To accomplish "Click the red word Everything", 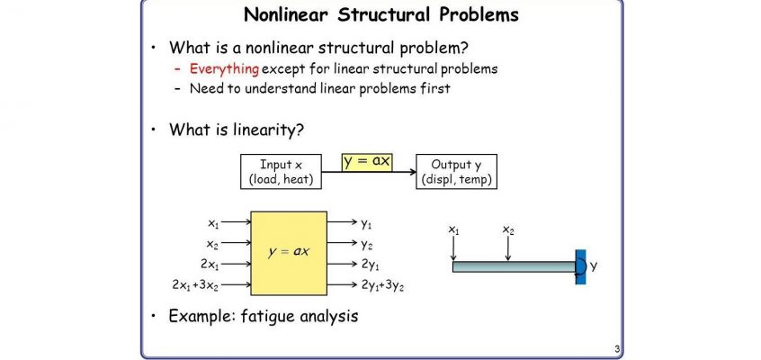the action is coord(224,69).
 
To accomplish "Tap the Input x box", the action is coord(281,172).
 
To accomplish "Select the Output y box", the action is coord(456,172).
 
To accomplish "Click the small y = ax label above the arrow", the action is coord(367,161).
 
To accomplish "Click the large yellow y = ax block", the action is coord(289,253).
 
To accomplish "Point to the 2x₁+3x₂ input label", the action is coord(195,285).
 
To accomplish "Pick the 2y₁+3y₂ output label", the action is coord(383,285).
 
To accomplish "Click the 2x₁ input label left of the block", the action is coord(210,265).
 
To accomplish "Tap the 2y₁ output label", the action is coord(371,265).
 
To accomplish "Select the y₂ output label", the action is coord(366,245).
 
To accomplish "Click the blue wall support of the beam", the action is coord(580,266).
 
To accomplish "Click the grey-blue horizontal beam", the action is coord(514,266).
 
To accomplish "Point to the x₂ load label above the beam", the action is coord(508,229).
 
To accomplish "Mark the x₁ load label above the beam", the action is coord(453,229).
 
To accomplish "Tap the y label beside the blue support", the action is coord(593,266).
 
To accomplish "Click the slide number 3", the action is coord(617,349).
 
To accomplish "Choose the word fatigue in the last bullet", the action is coord(268,316).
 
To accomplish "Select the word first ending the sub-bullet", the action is coord(434,88).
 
